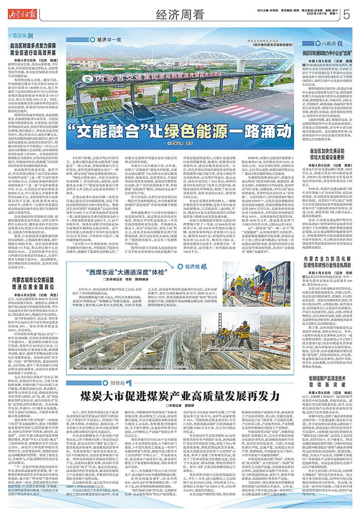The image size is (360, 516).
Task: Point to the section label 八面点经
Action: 329,44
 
